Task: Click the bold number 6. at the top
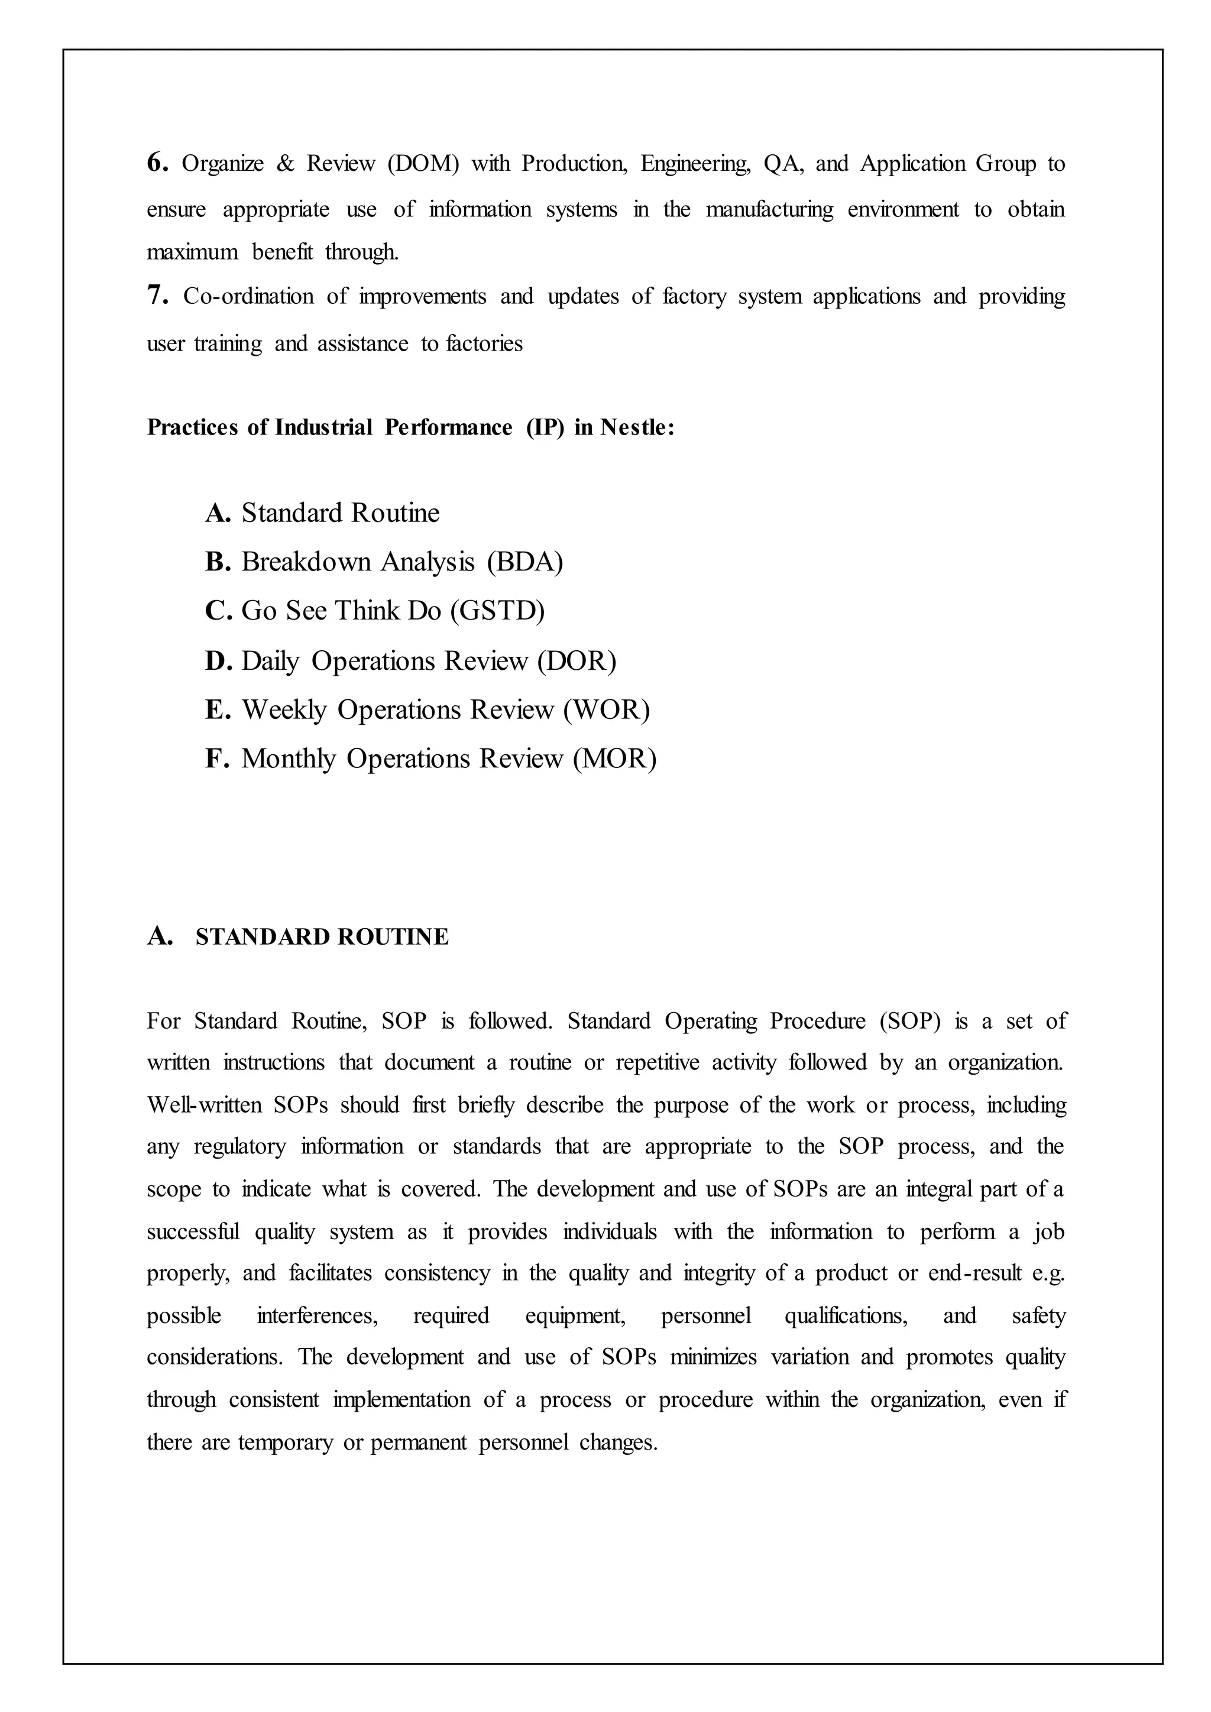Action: [157, 163]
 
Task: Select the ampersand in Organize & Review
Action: [285, 164]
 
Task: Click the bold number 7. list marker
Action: [157, 296]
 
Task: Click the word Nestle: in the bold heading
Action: [637, 427]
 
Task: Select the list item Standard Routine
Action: [340, 513]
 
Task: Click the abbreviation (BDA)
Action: [525, 562]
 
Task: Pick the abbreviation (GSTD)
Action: [497, 611]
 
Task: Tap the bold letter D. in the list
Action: [218, 662]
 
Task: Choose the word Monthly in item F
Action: [289, 759]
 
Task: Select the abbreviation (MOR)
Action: [614, 759]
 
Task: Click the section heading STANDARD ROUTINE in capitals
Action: [322, 937]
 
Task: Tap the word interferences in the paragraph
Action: [317, 1316]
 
